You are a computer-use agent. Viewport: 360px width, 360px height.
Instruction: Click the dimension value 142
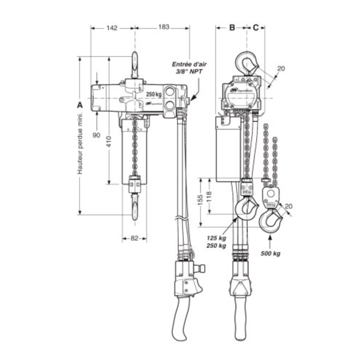(112, 28)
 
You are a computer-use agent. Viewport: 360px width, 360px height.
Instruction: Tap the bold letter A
(80, 105)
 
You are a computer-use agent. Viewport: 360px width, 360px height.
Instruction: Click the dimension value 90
(96, 135)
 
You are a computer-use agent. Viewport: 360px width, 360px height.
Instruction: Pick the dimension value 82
(134, 238)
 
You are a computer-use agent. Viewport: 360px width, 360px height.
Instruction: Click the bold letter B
(232, 27)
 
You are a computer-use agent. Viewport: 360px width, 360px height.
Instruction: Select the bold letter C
(256, 27)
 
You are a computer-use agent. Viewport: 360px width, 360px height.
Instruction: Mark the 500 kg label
(270, 253)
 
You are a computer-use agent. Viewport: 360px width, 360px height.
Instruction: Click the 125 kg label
(216, 238)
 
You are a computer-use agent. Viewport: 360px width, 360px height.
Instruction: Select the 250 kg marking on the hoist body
(153, 94)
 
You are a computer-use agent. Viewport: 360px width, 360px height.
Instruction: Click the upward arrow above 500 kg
(270, 239)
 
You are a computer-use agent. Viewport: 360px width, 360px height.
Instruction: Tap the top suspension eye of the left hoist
(135, 65)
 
